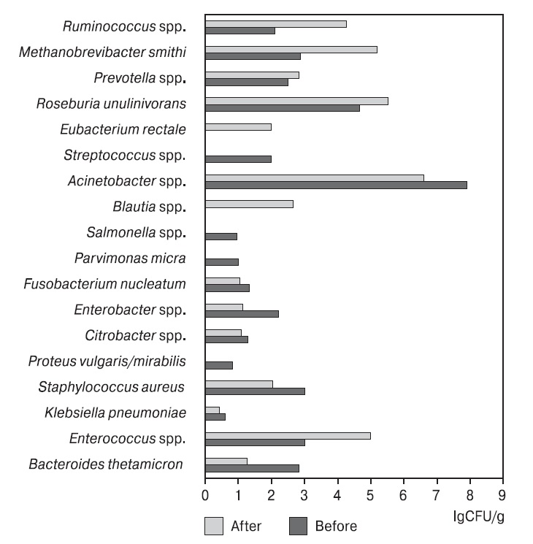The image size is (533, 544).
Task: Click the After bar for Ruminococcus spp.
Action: (x=275, y=24)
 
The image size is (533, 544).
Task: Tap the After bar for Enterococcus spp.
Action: (x=288, y=436)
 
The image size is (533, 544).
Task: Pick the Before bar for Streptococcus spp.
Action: (x=238, y=159)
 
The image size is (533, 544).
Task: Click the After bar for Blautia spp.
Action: (x=249, y=204)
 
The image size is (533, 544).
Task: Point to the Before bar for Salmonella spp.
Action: (x=221, y=236)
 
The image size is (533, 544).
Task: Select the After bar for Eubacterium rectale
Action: (x=238, y=127)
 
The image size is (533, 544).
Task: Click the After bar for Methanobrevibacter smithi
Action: (x=291, y=50)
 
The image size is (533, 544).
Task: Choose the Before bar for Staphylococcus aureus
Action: (x=255, y=391)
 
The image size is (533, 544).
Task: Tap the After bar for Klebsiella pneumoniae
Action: (x=212, y=410)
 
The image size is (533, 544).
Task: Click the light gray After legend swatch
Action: (x=213, y=525)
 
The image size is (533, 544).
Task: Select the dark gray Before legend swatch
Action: (x=299, y=525)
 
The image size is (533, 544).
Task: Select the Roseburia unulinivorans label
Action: (x=111, y=104)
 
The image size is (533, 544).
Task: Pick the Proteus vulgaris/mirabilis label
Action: (x=107, y=361)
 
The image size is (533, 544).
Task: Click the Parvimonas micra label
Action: (x=130, y=258)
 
